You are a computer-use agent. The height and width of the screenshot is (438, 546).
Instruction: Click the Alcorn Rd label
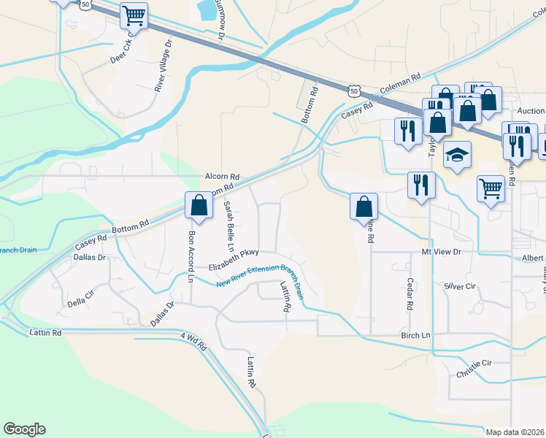(x=222, y=177)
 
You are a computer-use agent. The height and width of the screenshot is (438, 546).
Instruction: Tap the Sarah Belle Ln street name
(x=228, y=223)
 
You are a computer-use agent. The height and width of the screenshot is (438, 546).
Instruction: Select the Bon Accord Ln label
(x=191, y=256)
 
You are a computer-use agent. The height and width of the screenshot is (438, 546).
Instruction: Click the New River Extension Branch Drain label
(x=260, y=277)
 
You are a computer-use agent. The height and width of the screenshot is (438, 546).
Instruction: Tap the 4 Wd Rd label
(x=193, y=339)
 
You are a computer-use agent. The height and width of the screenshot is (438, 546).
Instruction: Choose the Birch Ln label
(x=416, y=335)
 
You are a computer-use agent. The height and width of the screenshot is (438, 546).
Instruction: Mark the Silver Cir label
(x=460, y=286)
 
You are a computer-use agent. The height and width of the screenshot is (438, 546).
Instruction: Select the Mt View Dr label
(x=442, y=252)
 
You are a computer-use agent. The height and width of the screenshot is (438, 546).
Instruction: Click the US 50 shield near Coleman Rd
(x=354, y=91)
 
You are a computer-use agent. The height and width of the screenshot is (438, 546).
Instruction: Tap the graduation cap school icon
(x=458, y=155)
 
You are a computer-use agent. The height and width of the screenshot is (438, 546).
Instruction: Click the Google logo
(x=24, y=429)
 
